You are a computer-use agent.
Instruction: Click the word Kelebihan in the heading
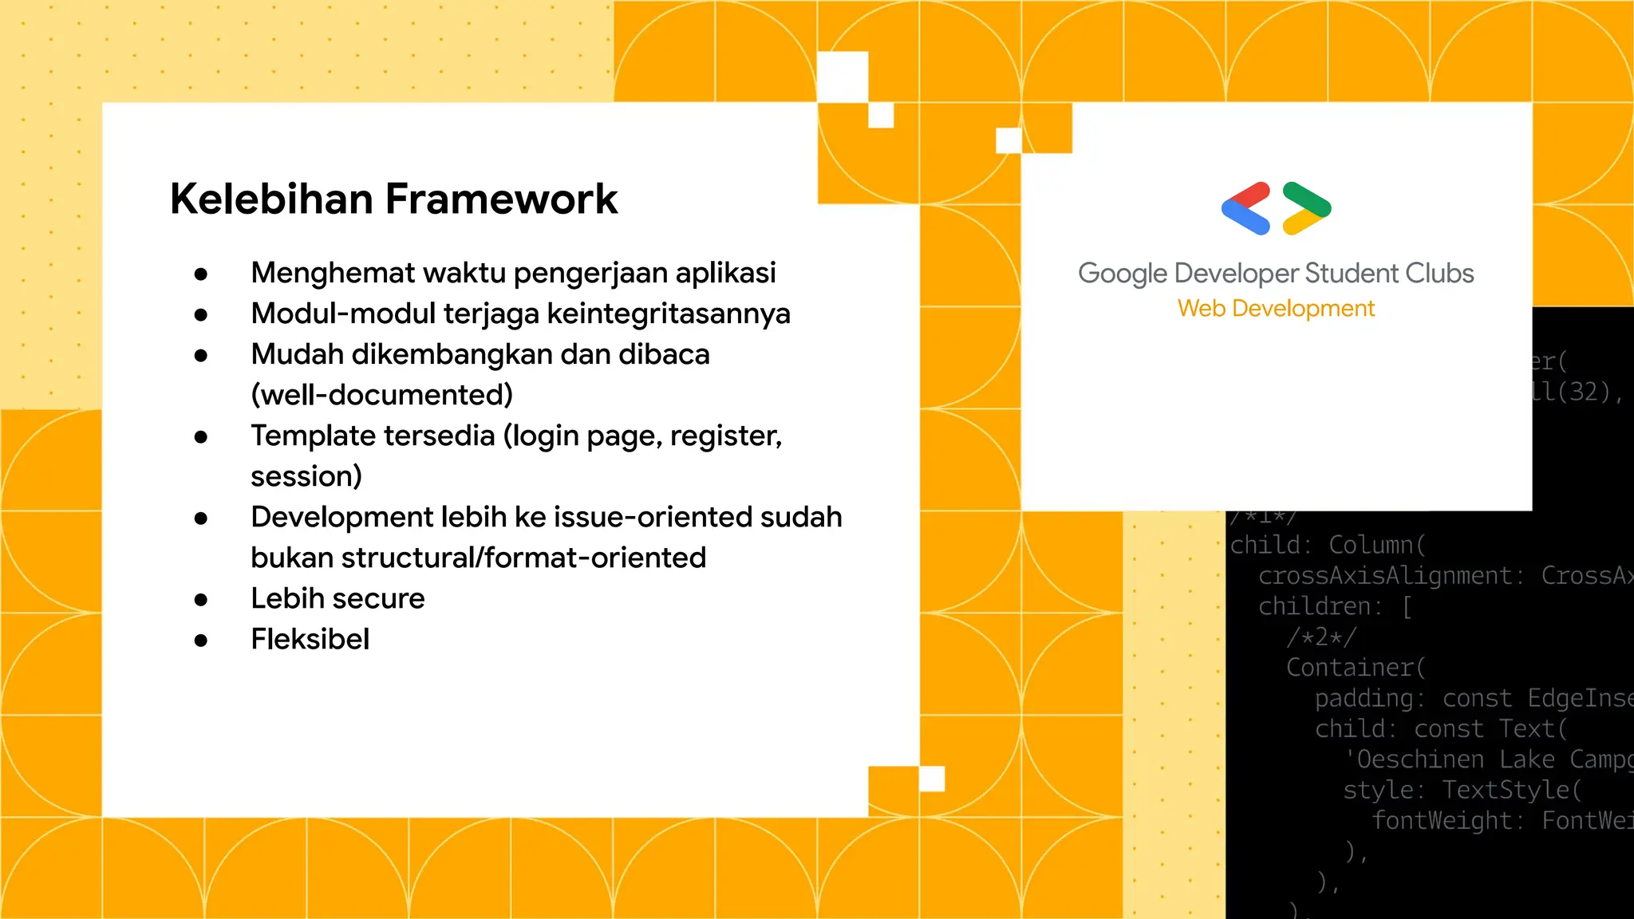tap(271, 199)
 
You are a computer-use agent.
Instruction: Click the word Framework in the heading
tap(502, 199)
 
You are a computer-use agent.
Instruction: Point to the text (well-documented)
tap(381, 395)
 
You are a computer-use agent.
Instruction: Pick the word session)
tap(306, 476)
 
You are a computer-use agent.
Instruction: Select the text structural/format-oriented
tap(523, 558)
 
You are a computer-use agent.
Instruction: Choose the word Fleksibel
tap(310, 639)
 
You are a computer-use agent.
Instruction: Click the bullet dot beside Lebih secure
tap(201, 599)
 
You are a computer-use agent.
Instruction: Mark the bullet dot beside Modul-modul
tap(201, 314)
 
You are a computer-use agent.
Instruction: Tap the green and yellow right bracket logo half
tap(1306, 209)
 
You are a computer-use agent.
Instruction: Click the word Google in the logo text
tap(1123, 274)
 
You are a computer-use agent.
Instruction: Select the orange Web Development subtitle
tap(1276, 309)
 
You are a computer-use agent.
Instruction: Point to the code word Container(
tap(1355, 667)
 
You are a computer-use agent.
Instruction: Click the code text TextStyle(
tap(1511, 790)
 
